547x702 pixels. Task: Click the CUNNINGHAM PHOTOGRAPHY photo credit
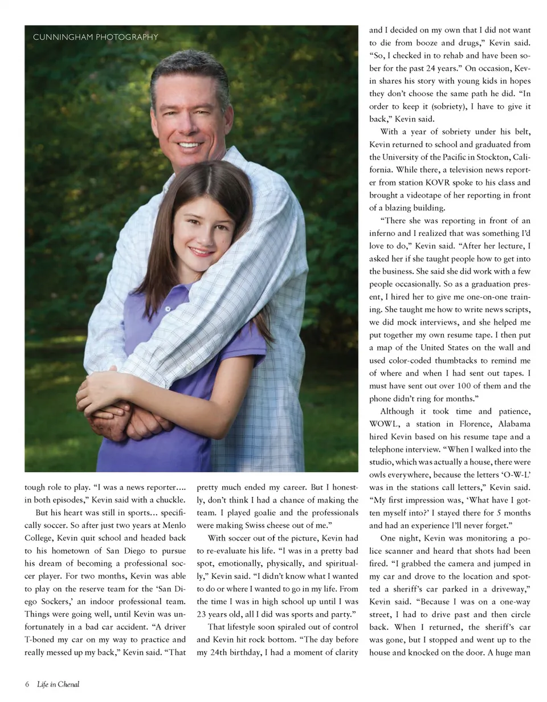pyautogui.click(x=96, y=38)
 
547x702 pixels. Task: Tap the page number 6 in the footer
pyautogui.click(x=27, y=684)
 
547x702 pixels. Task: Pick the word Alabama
pyautogui.click(x=513, y=424)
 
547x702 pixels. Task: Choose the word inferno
pyautogui.click(x=385, y=234)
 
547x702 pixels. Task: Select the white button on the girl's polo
pyautogui.click(x=168, y=308)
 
